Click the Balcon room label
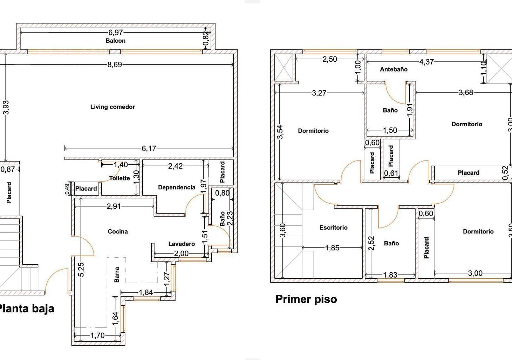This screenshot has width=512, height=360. [115, 41]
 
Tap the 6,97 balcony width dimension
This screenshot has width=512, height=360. [116, 33]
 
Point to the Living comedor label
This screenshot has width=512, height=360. [112, 107]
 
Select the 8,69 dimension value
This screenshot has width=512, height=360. [115, 65]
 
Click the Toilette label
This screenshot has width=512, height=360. [120, 178]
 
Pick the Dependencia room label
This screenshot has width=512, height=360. [177, 188]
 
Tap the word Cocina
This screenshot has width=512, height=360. [118, 232]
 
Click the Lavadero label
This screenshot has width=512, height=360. [182, 244]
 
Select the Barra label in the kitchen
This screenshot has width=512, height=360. [117, 274]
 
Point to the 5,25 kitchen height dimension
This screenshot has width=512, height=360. [81, 270]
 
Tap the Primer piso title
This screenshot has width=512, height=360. [306, 299]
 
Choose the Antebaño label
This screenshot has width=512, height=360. [394, 69]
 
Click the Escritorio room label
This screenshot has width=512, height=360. [334, 227]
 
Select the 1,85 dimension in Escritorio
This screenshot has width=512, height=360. [332, 248]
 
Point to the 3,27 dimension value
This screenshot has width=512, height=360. [319, 93]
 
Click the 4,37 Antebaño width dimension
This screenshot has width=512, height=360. [426, 62]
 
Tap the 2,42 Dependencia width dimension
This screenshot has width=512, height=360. [176, 166]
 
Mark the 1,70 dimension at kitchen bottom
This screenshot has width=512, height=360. [98, 335]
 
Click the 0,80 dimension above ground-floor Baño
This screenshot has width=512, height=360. [222, 193]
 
